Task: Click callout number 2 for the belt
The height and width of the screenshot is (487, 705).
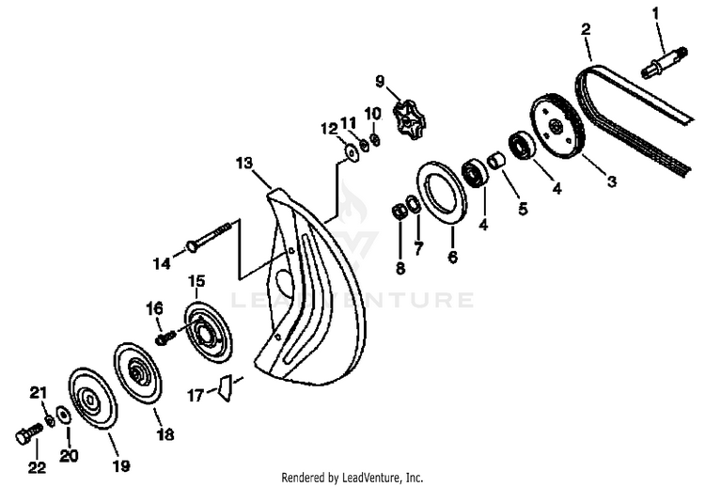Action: [585, 29]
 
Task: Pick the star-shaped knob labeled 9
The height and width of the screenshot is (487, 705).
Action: [412, 120]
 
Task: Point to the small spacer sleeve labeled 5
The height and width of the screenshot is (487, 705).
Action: [498, 160]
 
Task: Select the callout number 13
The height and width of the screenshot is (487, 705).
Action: [244, 164]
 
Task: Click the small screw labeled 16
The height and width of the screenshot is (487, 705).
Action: [164, 336]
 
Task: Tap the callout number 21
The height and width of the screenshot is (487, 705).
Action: [38, 392]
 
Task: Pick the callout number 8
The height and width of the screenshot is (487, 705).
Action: [400, 269]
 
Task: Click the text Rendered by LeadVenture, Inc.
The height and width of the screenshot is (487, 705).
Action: [352, 477]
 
